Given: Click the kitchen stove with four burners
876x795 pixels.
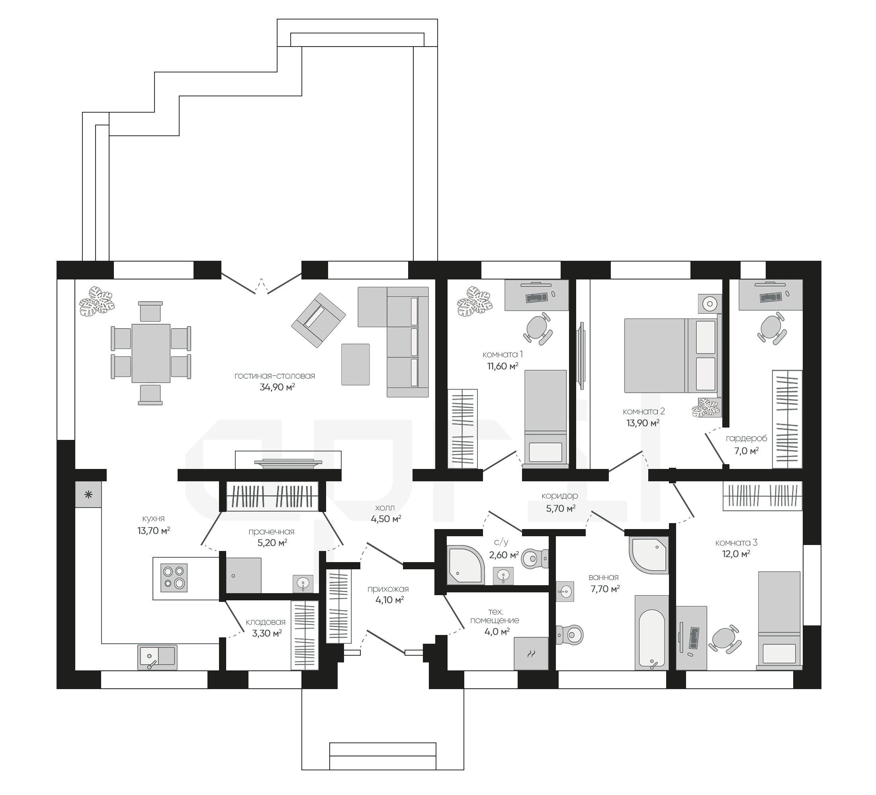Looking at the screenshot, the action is tap(174, 578).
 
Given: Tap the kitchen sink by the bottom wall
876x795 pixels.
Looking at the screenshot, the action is tap(157, 657).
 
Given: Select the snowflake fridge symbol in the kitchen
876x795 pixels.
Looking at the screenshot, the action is tap(88, 494).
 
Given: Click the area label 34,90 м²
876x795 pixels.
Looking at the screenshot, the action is tap(277, 387).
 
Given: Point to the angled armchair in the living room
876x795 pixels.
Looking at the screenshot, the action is tap(319, 320).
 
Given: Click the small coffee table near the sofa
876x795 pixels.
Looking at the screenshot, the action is tap(356, 365).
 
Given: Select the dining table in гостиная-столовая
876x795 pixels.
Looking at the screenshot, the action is tap(151, 353).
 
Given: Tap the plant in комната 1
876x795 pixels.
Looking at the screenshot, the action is tap(475, 301).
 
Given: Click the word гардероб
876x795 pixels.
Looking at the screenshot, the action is tap(747, 438).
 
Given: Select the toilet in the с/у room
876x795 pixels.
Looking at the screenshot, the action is tap(535, 558).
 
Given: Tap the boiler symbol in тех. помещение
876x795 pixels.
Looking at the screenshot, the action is tap(531, 653).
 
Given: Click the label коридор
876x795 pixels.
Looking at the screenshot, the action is tap(560, 496).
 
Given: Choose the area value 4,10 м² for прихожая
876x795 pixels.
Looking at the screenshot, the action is tap(390, 600).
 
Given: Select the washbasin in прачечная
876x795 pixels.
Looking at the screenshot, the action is tap(303, 583).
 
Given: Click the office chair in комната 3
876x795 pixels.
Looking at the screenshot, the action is tap(724, 639).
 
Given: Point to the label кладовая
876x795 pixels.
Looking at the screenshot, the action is tap(266, 622).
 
